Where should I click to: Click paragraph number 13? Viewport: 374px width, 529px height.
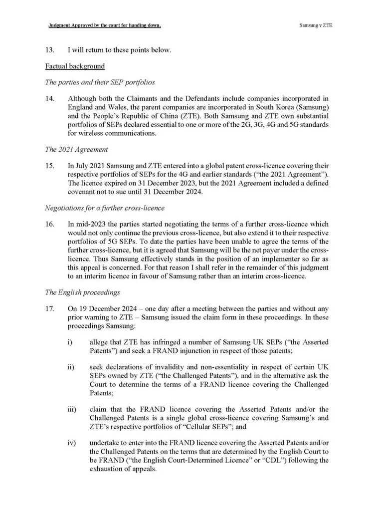click(x=49, y=50)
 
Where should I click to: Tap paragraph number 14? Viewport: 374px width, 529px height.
click(x=49, y=98)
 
